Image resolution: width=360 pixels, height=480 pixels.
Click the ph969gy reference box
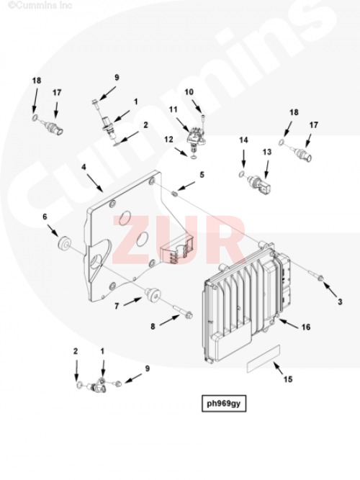(x=224, y=404)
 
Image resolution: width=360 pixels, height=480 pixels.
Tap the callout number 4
(x=84, y=167)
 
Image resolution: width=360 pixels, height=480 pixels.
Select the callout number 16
(x=306, y=327)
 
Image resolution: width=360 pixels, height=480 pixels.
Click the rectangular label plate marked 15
(x=264, y=358)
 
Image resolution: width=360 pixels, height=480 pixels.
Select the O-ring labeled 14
(x=242, y=175)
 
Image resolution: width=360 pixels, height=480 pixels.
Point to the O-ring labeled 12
(x=194, y=158)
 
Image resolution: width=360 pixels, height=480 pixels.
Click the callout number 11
(x=174, y=109)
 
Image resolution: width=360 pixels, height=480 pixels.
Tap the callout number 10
(x=189, y=91)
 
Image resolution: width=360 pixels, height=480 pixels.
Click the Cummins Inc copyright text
(x=40, y=5)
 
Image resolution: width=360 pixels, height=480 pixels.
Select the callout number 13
(x=267, y=152)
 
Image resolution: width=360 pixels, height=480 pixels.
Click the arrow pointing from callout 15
(x=278, y=368)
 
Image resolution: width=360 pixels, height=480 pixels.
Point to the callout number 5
(x=202, y=175)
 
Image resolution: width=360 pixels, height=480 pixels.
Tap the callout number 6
(x=45, y=217)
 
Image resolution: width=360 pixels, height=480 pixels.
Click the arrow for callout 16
(x=288, y=324)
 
